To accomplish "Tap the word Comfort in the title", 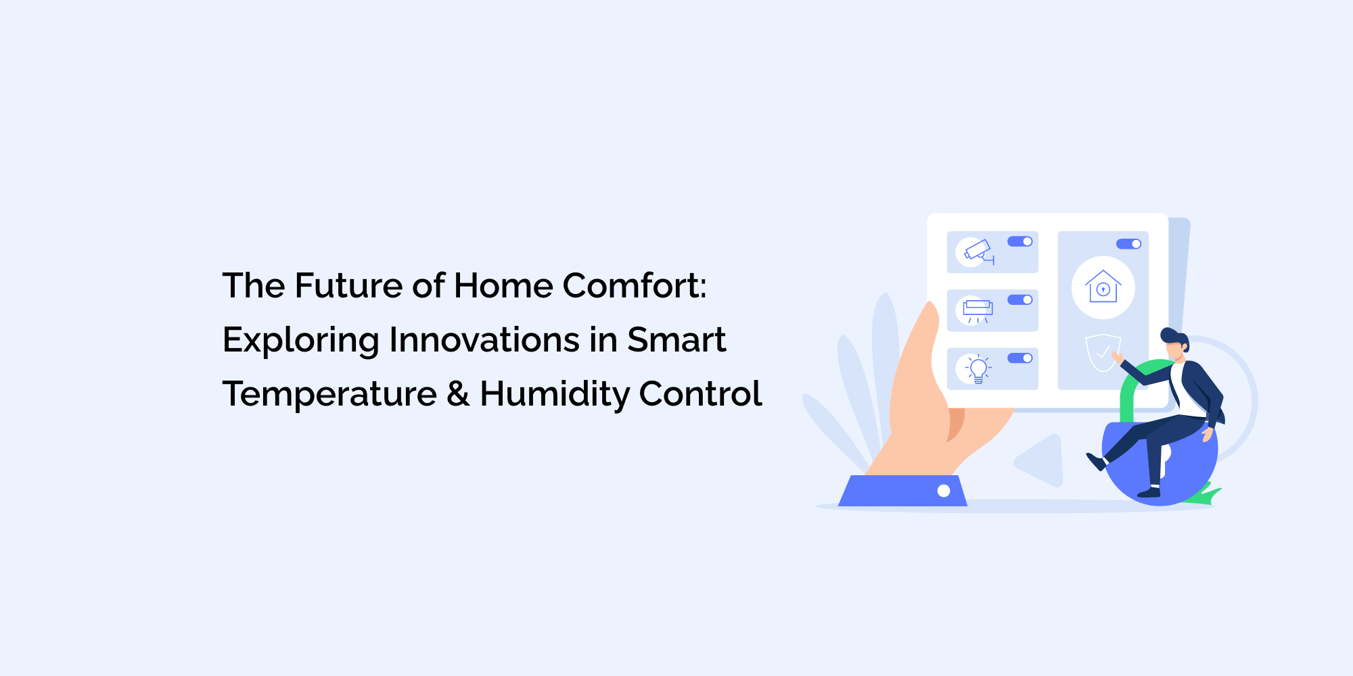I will click(634, 285).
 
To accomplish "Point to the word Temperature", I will click(329, 394).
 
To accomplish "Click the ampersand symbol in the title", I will click(458, 394).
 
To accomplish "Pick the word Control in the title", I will click(700, 394).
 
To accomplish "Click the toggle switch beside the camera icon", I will click(1020, 241).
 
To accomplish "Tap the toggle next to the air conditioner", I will click(1020, 299).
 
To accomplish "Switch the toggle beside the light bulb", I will click(1020, 358).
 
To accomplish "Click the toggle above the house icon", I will click(1128, 244).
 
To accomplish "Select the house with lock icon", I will click(1103, 287).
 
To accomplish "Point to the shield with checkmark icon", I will click(1102, 352).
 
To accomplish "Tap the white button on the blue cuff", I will click(944, 491).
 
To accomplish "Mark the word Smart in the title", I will click(676, 339).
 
